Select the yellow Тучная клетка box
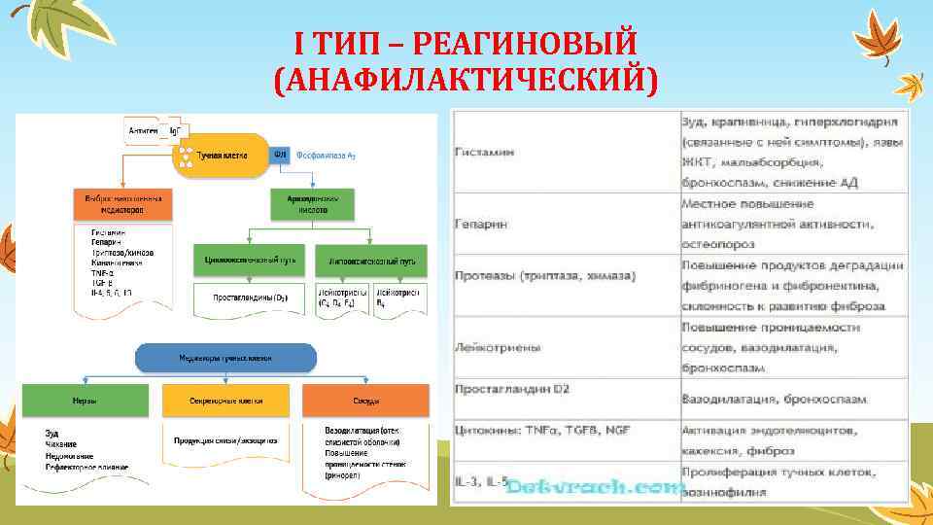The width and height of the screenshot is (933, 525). click(x=221, y=155)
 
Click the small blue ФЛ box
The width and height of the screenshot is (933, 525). click(x=279, y=154)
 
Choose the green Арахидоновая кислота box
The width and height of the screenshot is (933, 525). click(x=312, y=203)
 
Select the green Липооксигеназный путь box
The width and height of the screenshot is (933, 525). click(x=372, y=261)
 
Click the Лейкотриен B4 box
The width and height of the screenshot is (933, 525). click(x=398, y=297)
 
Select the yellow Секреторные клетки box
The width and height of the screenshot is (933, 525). click(x=225, y=401)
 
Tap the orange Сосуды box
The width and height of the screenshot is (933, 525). click(x=365, y=401)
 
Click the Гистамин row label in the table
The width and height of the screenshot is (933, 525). click(x=481, y=154)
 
